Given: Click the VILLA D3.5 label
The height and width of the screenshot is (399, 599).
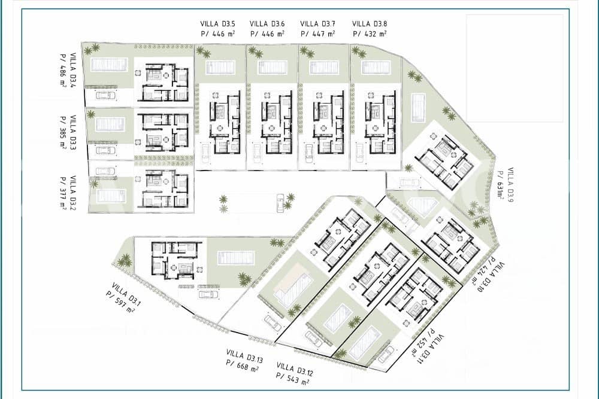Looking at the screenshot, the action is coord(218,24).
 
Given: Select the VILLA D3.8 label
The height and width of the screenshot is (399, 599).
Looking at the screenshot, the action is coord(370,24).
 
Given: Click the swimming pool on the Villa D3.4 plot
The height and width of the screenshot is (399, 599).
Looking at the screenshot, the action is coord(109,65).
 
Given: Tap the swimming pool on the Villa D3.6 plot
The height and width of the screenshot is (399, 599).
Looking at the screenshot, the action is coord(273,68).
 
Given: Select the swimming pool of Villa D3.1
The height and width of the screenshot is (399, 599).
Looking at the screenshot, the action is coord(236,258).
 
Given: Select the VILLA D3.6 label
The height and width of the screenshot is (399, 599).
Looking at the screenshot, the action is coord(267,24).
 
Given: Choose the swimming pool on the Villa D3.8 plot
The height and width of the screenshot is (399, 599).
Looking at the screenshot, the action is coord(376,68).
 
